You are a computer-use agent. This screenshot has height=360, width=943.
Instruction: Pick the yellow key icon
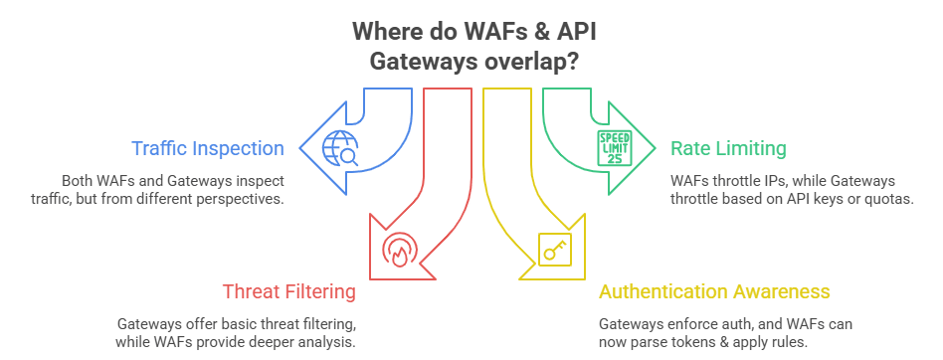(x=551, y=249)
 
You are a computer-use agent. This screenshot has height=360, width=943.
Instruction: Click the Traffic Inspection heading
(x=208, y=148)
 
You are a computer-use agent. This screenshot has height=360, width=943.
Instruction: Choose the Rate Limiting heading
(x=727, y=148)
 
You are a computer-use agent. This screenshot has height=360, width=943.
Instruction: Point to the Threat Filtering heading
(x=288, y=291)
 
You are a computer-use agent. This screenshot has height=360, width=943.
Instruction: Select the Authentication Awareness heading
(x=713, y=291)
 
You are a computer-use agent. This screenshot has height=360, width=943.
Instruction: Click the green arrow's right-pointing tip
(x=654, y=148)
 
